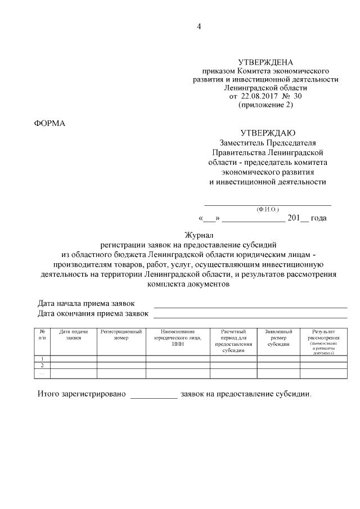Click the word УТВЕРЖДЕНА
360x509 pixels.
tap(265, 62)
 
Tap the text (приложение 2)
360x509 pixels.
tap(265, 105)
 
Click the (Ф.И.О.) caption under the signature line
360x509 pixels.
tap(268, 209)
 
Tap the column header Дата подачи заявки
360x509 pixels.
tap(74, 335)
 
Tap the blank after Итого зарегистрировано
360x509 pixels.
tap(154, 395)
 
